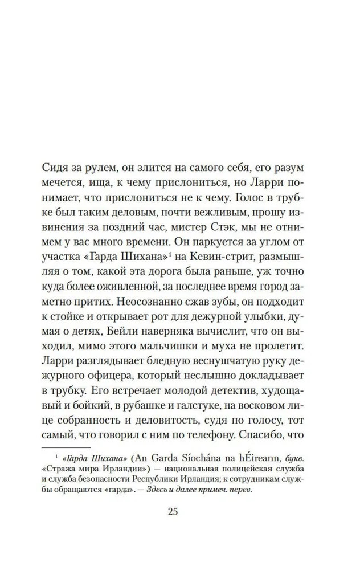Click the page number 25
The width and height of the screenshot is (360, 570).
pos(173,511)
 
